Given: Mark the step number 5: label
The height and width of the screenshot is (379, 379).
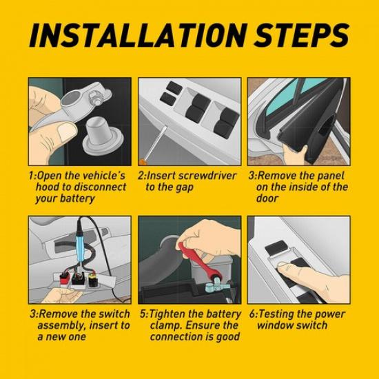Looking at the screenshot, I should (143, 314).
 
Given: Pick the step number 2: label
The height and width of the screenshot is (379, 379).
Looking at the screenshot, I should (143, 176).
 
